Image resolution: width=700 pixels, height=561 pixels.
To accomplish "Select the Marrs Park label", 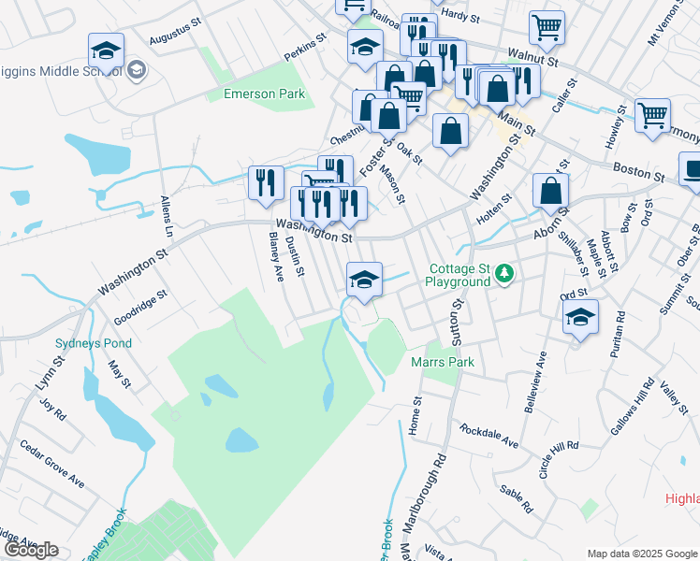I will [443, 362].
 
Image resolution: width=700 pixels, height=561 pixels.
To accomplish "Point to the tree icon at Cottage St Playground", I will [505, 273].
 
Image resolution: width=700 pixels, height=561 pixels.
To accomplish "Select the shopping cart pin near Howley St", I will [652, 115].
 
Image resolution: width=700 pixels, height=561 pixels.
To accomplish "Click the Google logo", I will [31, 550].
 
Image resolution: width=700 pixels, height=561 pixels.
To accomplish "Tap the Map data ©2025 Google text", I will [642, 553].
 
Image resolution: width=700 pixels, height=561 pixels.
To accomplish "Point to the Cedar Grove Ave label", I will [52, 465].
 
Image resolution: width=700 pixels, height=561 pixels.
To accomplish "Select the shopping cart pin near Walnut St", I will [547, 26].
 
